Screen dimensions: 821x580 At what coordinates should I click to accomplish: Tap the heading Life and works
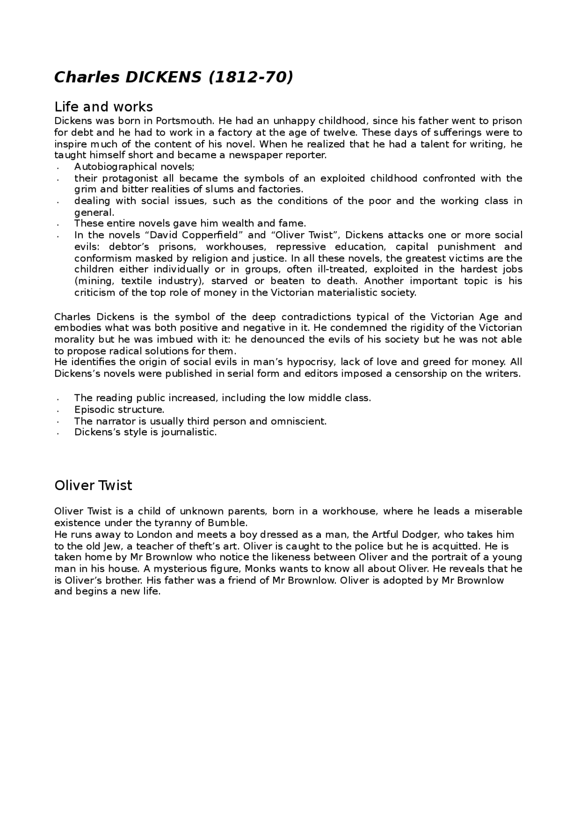(x=104, y=107)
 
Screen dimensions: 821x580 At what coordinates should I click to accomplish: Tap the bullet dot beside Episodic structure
(x=59, y=410)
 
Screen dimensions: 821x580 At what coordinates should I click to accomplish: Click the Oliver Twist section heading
(x=93, y=486)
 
